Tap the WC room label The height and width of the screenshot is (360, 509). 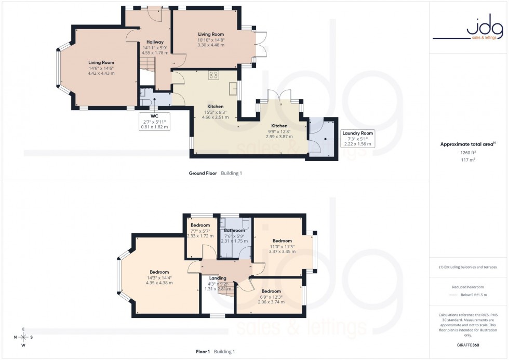[x=154, y=116]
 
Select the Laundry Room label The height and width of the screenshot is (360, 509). [x=357, y=134]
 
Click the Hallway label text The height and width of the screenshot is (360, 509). [x=155, y=42]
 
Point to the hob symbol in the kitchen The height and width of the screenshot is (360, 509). [x=213, y=75]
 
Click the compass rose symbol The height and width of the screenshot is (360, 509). [x=23, y=337]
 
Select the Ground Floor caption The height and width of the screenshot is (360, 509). [x=203, y=173]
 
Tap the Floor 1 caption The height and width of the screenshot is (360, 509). [x=203, y=352]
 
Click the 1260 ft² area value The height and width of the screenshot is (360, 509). [x=468, y=153]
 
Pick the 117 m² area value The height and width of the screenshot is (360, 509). [x=468, y=160]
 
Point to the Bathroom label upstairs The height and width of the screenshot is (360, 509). [x=234, y=231]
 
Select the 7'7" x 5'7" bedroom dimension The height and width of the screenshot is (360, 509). [x=200, y=231]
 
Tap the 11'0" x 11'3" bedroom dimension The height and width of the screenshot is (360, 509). [x=282, y=246]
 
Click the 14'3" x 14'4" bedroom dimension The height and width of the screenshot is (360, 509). [x=159, y=277]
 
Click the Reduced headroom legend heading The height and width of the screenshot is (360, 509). [x=468, y=287]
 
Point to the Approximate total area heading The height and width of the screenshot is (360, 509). [x=467, y=144]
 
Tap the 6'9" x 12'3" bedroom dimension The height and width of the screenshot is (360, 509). [x=271, y=297]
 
